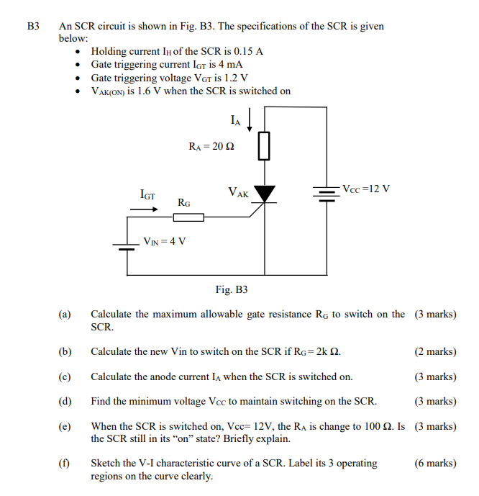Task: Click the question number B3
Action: pyautogui.click(x=32, y=27)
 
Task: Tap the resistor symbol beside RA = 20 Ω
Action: pyautogui.click(x=265, y=145)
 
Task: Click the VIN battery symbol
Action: pyautogui.click(x=127, y=245)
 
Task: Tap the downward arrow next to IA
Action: pyautogui.click(x=250, y=120)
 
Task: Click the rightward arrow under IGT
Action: pyautogui.click(x=144, y=209)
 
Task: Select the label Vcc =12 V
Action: pyautogui.click(x=366, y=189)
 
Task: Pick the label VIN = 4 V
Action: pyautogui.click(x=165, y=240)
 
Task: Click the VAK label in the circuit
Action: pyautogui.click(x=238, y=193)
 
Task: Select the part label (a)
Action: pyautogui.click(x=65, y=315)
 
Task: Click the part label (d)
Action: pyautogui.click(x=65, y=401)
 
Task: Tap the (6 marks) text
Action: pyautogui.click(x=435, y=464)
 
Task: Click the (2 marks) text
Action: pyautogui.click(x=435, y=352)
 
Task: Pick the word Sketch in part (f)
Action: pyautogui.click(x=105, y=464)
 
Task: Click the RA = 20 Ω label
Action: pyautogui.click(x=211, y=146)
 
